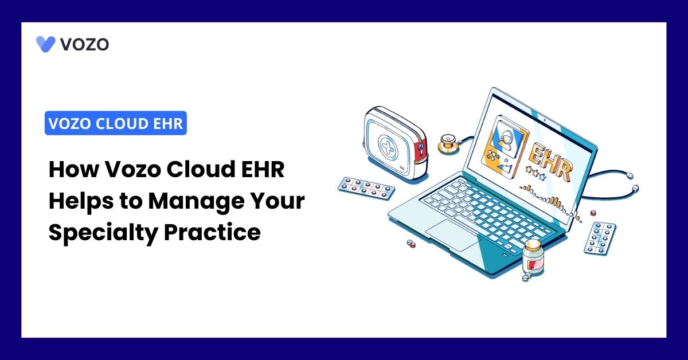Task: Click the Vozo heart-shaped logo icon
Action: click(45, 44)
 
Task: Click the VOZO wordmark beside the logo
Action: click(84, 44)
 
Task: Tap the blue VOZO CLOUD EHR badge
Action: click(116, 123)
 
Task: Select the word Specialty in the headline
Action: click(103, 233)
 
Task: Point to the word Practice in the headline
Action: click(212, 232)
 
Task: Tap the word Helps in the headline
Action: click(81, 202)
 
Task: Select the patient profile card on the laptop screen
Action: click(505, 147)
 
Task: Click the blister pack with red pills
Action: click(366, 187)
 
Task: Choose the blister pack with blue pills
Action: click(600, 238)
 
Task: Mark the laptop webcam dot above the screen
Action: click(545, 120)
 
